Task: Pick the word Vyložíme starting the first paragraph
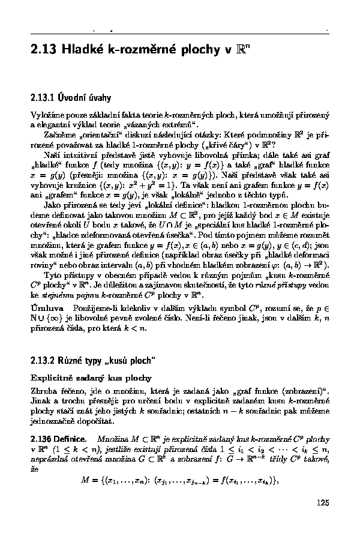pos(47,114)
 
